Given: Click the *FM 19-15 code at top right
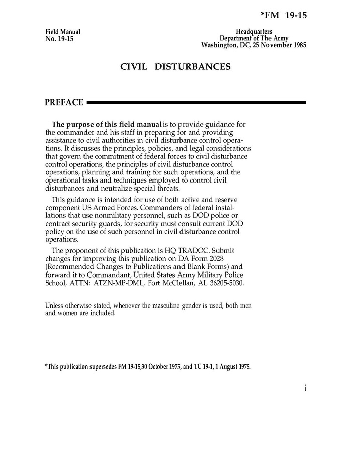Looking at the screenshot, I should [284, 16].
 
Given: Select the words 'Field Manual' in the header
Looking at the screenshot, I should [63, 32].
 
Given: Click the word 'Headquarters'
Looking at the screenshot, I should [254, 32].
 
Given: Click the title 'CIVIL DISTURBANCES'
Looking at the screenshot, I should [175, 67].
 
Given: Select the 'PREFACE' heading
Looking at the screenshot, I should [64, 103].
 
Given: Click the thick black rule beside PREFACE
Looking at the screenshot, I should [196, 103].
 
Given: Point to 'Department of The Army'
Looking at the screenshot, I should [254, 39].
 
